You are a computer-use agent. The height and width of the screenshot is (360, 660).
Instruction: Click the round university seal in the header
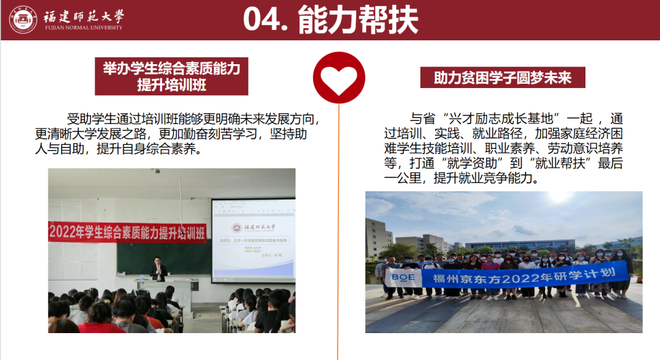(x=23, y=19)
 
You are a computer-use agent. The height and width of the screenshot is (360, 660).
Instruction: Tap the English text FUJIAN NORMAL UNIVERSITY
(x=83, y=28)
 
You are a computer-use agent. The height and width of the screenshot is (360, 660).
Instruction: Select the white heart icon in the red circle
(x=339, y=78)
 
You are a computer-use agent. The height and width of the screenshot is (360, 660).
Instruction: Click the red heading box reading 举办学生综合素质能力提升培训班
(x=172, y=76)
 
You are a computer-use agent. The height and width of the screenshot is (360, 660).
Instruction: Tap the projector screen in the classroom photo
(x=252, y=240)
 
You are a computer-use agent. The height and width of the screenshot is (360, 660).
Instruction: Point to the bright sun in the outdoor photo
(x=561, y=197)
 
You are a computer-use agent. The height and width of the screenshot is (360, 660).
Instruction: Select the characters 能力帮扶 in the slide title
(x=358, y=20)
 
